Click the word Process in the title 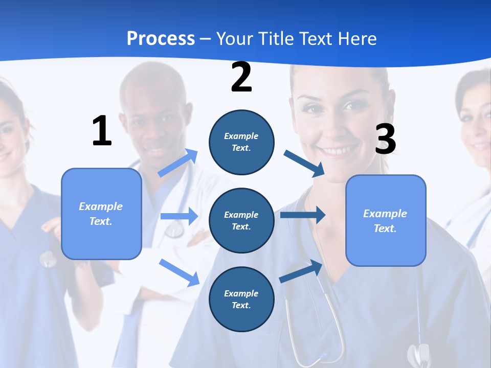pos(161,38)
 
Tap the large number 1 pos(102,131)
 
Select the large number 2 pos(241,77)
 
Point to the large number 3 pos(385,139)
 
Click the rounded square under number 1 pos(101,214)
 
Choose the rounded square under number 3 pos(386,220)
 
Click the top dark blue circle pos(241,142)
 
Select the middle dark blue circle pos(241,220)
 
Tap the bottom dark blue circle pos(241,299)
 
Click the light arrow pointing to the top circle pos(178,163)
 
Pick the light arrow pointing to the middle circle pos(179,216)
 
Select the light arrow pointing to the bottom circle pos(179,272)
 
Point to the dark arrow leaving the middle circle pos(303,215)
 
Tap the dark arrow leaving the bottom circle pos(301,271)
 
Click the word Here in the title pos(358,38)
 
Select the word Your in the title pos(235,38)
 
